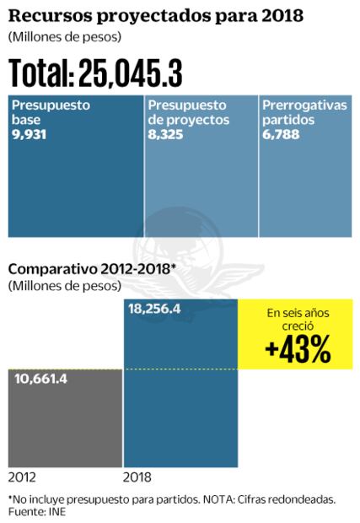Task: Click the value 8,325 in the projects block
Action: pos(165,132)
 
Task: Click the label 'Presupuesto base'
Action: pos(51,113)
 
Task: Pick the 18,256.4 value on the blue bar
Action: pos(155,310)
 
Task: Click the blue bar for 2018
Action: pos(180,396)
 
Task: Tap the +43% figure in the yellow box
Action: pos(297,350)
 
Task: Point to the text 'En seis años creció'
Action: pos(297,319)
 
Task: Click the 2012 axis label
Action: pos(21,476)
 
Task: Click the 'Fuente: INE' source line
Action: pos(37,511)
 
